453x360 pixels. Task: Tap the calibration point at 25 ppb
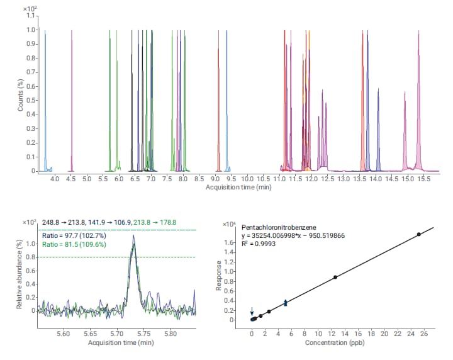tap(419, 234)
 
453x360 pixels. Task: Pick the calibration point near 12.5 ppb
tap(335, 277)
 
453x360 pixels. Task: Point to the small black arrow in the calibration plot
tap(252, 311)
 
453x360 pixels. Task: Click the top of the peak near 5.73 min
tap(133, 237)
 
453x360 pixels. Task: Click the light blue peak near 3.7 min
tap(45, 101)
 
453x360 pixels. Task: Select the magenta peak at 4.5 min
tap(72, 101)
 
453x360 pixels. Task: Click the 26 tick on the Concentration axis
tap(425, 334)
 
